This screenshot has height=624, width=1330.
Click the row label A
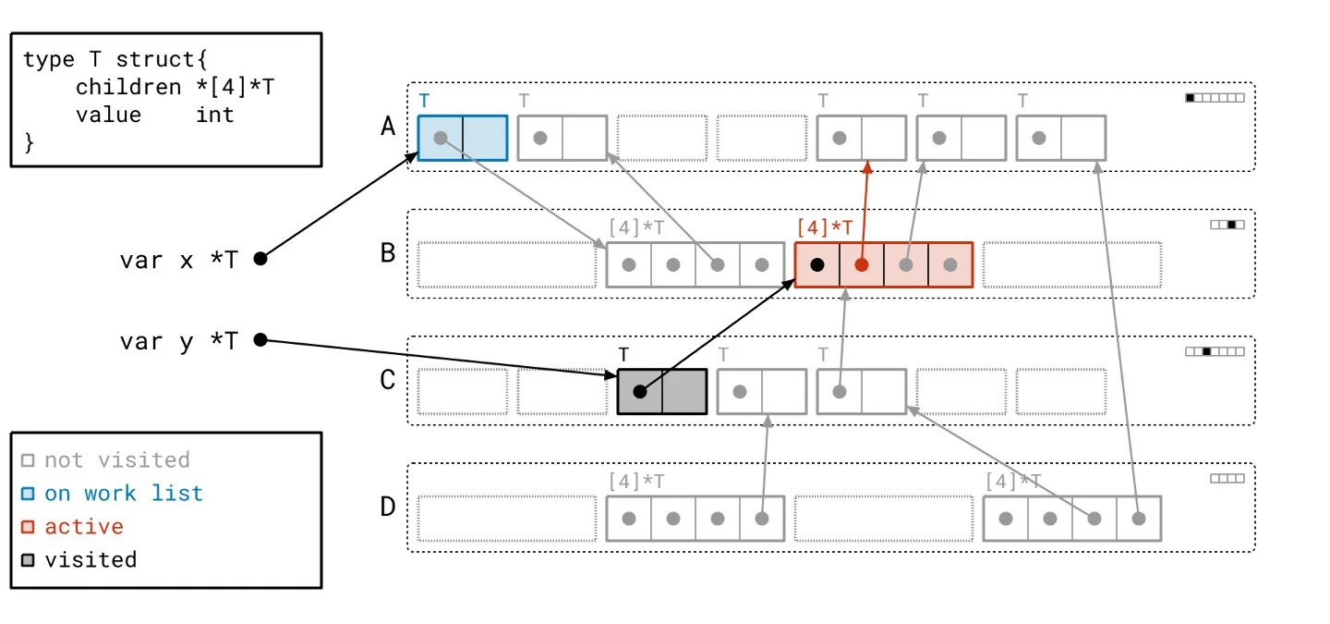click(389, 126)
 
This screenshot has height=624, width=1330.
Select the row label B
click(389, 252)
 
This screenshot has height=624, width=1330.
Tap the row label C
click(389, 380)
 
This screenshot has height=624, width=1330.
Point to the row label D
click(389, 507)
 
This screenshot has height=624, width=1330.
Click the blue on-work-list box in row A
click(463, 138)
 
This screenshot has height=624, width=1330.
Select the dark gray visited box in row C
click(662, 391)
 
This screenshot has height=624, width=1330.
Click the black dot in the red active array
click(817, 264)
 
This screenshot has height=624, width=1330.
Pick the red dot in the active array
click(862, 264)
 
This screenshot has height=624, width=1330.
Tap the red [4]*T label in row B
click(824, 226)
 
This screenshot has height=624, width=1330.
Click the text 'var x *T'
click(178, 260)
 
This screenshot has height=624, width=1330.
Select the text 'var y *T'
click(178, 341)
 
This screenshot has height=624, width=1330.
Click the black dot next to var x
click(260, 259)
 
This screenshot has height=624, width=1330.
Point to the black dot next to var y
click(260, 340)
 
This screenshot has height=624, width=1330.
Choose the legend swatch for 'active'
click(28, 527)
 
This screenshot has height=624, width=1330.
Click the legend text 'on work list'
click(124, 493)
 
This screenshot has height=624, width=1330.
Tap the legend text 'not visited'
click(117, 459)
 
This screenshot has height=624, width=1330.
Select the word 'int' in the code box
click(215, 115)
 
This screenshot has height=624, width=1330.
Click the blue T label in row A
click(424, 100)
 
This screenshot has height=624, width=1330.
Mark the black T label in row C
click(623, 354)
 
